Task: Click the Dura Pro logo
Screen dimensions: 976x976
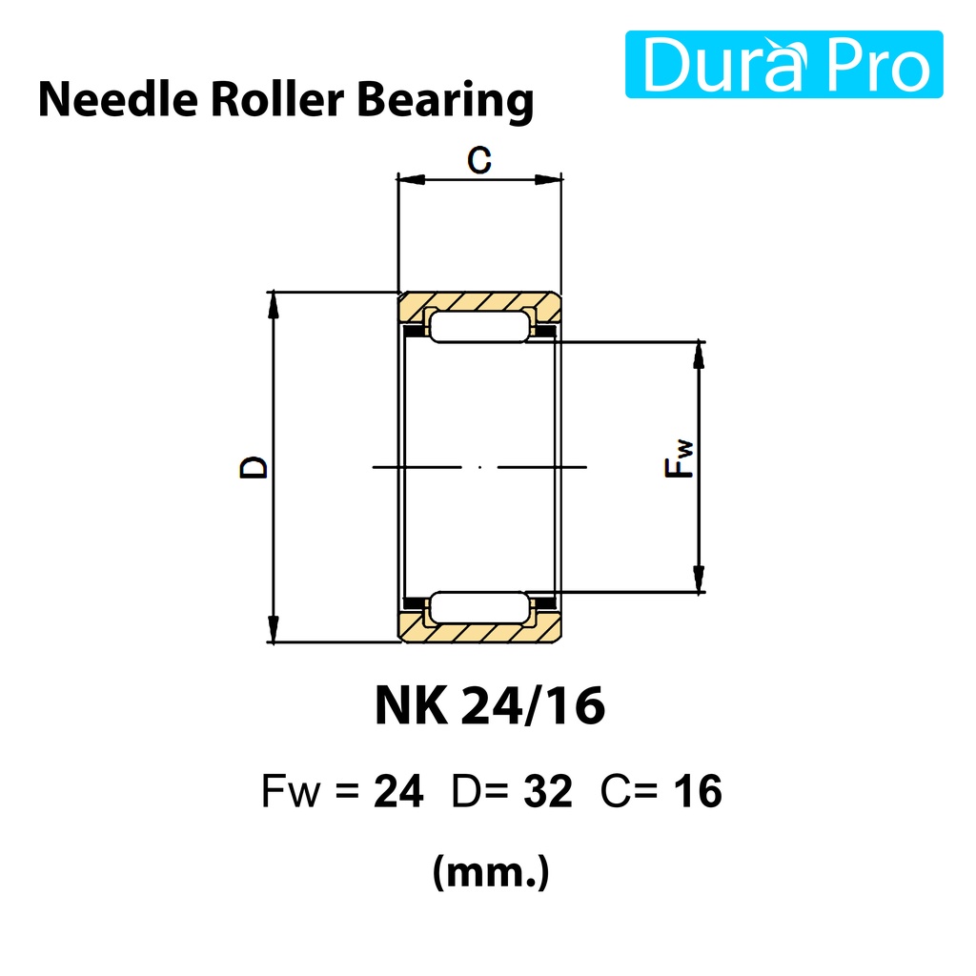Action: (x=783, y=64)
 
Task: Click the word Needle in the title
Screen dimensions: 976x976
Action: (x=118, y=99)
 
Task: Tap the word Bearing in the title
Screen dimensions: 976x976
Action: (x=445, y=101)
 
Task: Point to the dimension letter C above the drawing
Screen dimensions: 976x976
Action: (x=479, y=159)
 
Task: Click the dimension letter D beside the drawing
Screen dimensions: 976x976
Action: (x=254, y=467)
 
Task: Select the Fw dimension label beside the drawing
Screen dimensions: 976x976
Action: (x=679, y=458)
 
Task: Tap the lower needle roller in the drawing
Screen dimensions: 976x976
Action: (x=479, y=607)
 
